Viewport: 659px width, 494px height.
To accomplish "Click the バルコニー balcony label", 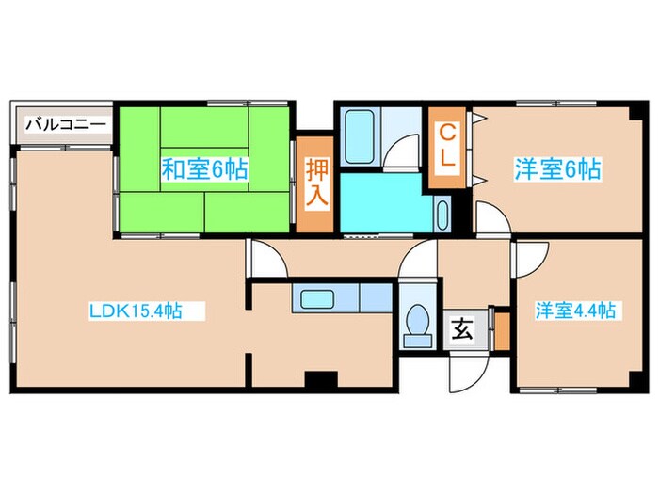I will tap(64, 123).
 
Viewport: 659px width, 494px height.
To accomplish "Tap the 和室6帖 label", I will tap(204, 169).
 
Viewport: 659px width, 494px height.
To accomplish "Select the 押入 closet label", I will tap(316, 184).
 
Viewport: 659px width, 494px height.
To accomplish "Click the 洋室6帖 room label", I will tap(557, 170).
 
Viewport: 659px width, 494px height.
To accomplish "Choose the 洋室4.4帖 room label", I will tap(575, 310).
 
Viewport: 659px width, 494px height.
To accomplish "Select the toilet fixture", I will tap(415, 326).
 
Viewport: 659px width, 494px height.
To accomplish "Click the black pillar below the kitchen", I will tap(320, 380).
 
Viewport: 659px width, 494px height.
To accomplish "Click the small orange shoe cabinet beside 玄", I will tap(502, 328).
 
